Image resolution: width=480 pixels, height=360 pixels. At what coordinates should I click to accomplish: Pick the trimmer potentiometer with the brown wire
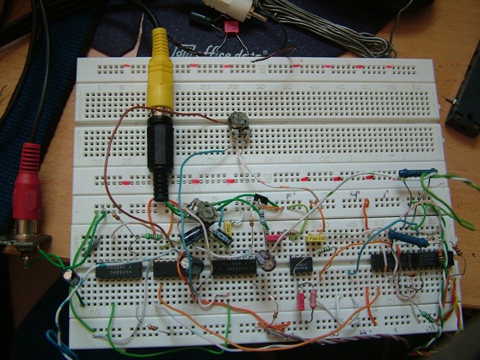click(x=238, y=123)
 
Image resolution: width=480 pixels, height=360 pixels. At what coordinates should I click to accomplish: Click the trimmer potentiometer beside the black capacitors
click(x=206, y=211)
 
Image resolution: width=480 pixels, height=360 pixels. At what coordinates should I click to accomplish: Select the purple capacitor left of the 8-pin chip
click(x=265, y=259)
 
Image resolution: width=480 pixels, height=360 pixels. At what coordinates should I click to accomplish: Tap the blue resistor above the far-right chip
click(x=408, y=238)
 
